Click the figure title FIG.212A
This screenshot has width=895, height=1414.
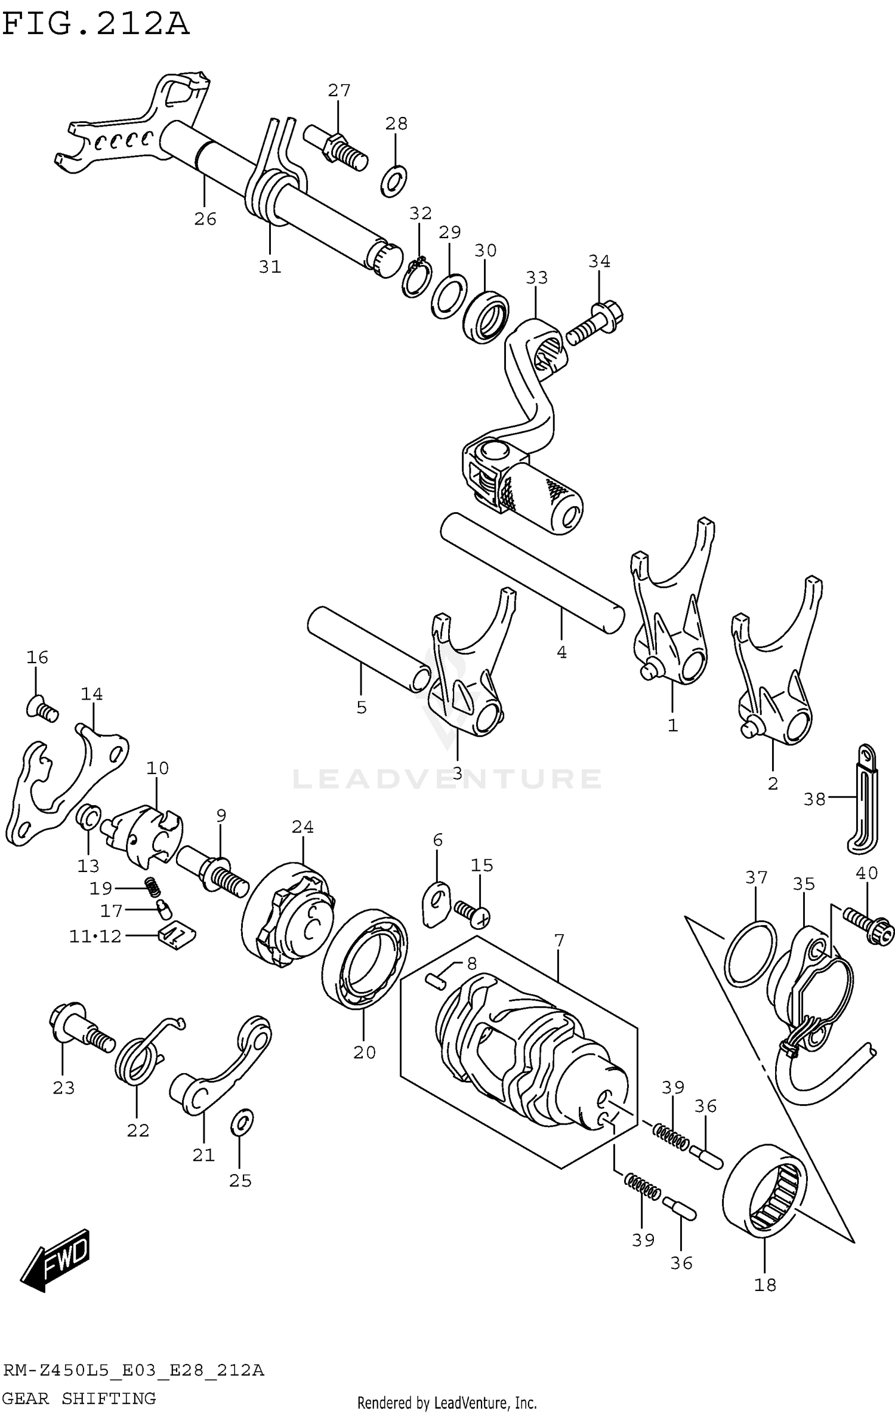pyautogui.click(x=95, y=25)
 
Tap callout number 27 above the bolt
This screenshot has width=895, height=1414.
pyautogui.click(x=339, y=91)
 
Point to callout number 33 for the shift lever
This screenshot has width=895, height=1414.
pyautogui.click(x=536, y=278)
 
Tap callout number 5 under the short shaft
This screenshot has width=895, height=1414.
pyautogui.click(x=361, y=708)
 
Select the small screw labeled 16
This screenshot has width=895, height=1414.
pyautogui.click(x=42, y=709)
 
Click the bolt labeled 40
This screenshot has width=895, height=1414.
pyautogui.click(x=869, y=926)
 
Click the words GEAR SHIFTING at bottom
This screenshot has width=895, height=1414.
pyautogui.click(x=79, y=1398)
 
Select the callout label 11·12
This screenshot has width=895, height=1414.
pyautogui.click(x=95, y=936)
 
